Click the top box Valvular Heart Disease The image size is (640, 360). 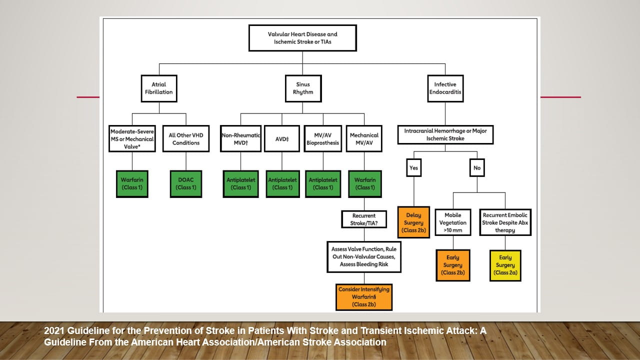pyautogui.click(x=302, y=38)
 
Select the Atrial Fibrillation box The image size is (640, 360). pyautogui.click(x=158, y=88)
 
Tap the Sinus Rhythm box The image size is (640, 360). pyautogui.click(x=302, y=88)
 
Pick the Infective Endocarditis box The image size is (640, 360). pyautogui.click(x=445, y=88)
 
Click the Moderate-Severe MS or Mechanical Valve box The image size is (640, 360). pyautogui.click(x=132, y=138)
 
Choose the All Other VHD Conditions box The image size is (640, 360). pyautogui.click(x=186, y=138)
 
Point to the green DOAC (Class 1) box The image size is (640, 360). pyautogui.click(x=186, y=184)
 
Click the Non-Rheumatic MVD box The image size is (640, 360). pyautogui.click(x=240, y=138)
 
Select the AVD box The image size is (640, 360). pyautogui.click(x=282, y=138)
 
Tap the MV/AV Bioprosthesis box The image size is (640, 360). pyautogui.click(x=323, y=138)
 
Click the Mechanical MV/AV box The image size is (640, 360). pyautogui.click(x=364, y=138)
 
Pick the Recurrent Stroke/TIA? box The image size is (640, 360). pyautogui.click(x=364, y=219)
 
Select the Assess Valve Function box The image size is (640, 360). pyautogui.click(x=364, y=256)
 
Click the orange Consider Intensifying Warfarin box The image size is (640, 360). pyautogui.click(x=364, y=296)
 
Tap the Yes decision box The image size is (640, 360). pyautogui.click(x=413, y=168)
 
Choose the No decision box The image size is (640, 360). pyautogui.click(x=477, y=168)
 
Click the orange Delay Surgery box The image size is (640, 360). pyautogui.click(x=413, y=222)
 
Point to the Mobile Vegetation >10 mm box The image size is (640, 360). pyautogui.click(x=452, y=222)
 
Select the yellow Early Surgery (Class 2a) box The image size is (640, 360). pyautogui.click(x=505, y=265)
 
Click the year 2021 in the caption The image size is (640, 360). pyautogui.click(x=53, y=331)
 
